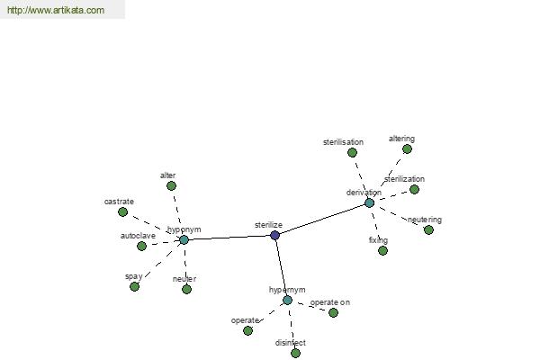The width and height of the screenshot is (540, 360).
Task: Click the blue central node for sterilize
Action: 274,235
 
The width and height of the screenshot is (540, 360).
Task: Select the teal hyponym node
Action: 184,239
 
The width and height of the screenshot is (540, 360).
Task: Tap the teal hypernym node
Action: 288,300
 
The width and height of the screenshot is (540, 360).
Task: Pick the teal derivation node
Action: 369,202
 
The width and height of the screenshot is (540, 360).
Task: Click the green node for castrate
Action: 123,211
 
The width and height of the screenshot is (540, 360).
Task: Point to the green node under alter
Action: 171,186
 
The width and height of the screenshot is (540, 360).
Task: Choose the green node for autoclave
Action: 141,246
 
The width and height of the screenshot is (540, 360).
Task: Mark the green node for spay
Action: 135,286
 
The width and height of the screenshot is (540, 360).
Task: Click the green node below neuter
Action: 186,289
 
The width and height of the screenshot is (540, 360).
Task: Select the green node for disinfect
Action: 295,353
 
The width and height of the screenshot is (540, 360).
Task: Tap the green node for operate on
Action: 333,312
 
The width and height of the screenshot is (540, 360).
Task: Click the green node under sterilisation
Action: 352,152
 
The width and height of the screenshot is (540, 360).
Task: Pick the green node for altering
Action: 407,148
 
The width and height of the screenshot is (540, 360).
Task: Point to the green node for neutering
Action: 428,229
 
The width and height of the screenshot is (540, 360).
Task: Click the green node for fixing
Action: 382,250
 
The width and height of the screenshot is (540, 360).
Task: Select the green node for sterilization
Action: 414,189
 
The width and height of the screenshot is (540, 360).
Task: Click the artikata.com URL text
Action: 56,10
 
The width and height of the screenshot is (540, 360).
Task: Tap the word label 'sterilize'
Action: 268,225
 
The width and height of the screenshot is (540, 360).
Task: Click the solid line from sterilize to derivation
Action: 322,219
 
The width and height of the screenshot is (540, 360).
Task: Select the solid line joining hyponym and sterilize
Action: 229,238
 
